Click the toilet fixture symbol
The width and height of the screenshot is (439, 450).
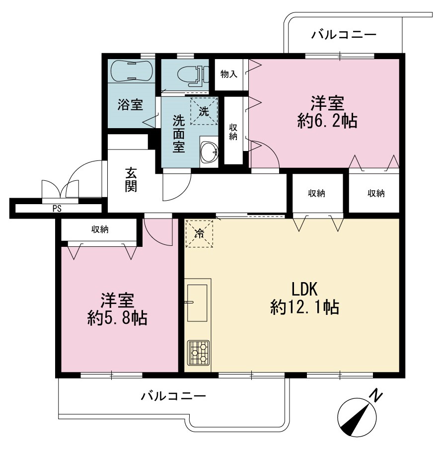click(x=193, y=75)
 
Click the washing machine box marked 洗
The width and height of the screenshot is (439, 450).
click(x=204, y=111)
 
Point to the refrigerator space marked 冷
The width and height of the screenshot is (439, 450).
click(x=199, y=233)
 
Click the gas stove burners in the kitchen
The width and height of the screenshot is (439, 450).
click(x=198, y=353)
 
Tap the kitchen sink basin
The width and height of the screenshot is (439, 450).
click(x=197, y=303)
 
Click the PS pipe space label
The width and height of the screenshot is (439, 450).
click(x=57, y=209)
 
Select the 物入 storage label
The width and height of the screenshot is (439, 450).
click(x=228, y=75)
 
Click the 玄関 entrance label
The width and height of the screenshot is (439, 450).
click(x=131, y=180)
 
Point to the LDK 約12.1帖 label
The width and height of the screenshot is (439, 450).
click(x=305, y=298)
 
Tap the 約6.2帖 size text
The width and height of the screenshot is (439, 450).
click(x=327, y=121)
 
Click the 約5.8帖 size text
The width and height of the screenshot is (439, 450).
click(x=117, y=318)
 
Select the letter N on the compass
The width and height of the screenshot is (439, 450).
click(x=375, y=396)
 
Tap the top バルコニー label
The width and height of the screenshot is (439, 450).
click(x=344, y=35)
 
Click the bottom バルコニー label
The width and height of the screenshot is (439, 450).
click(x=173, y=396)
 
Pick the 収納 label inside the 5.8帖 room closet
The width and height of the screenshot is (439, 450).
click(x=100, y=229)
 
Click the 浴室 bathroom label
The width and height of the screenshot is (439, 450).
click(x=130, y=104)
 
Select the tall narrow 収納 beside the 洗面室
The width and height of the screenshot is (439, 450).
click(x=233, y=131)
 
